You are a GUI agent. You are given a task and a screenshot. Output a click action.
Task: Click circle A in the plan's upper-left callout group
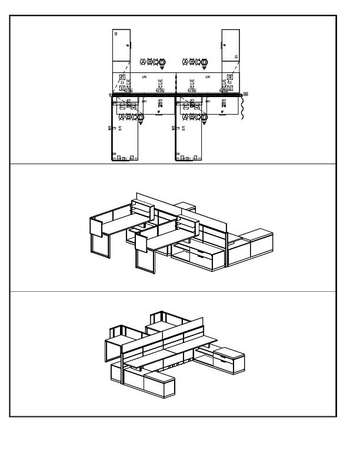143,62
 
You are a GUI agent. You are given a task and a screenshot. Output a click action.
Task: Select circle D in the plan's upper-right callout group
205,62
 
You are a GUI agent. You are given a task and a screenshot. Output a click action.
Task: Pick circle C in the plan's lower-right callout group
198,116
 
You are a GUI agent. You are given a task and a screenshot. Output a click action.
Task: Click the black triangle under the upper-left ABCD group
162,68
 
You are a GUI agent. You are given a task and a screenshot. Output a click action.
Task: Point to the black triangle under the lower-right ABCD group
205,123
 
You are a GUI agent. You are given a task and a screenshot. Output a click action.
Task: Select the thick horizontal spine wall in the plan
176,94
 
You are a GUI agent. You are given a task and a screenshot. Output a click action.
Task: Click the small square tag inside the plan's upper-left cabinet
115,34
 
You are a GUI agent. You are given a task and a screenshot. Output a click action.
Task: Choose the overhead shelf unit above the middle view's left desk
142,209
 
